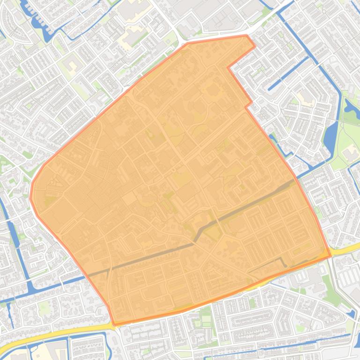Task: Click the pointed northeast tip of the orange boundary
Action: click(x=255, y=46)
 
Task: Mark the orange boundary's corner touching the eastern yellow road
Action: click(x=331, y=256)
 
